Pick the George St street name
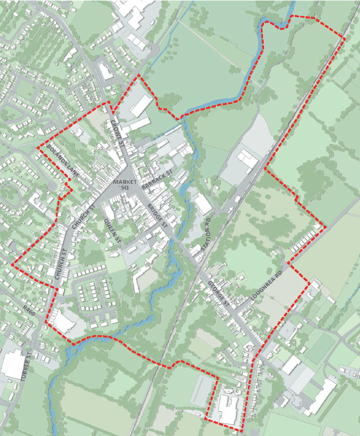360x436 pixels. (x=219, y=294)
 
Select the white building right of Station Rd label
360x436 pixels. (x=204, y=205)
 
